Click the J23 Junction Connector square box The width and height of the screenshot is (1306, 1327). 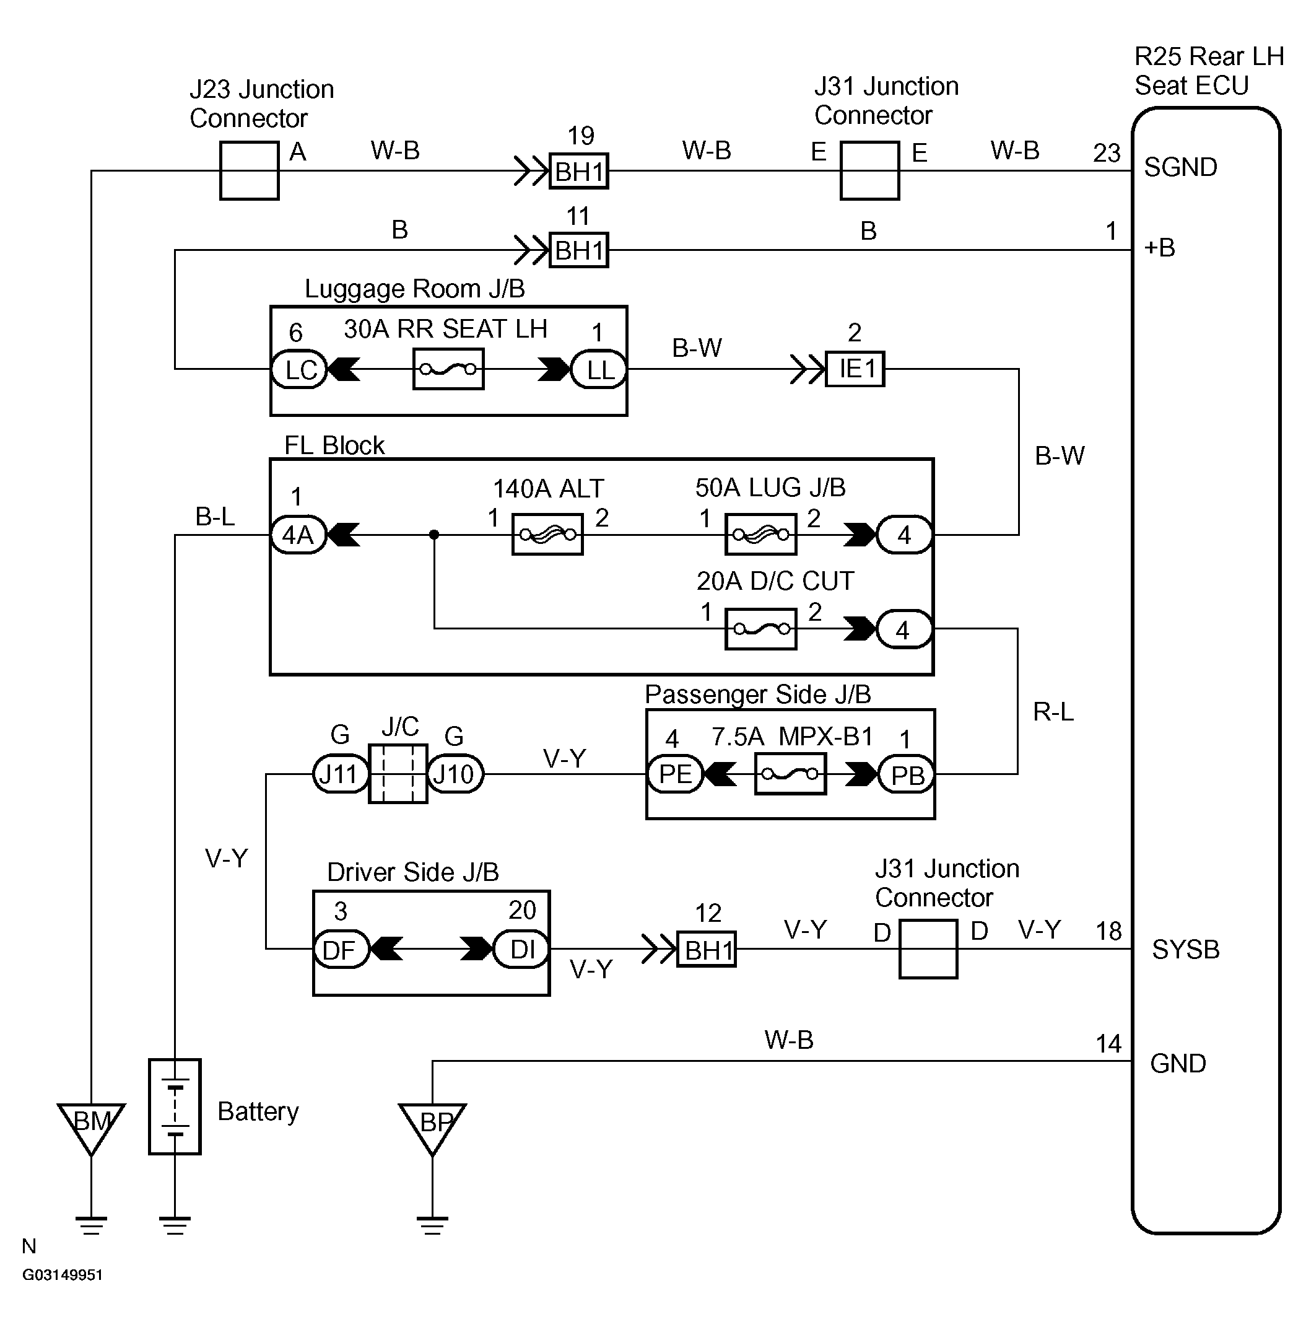pyautogui.click(x=249, y=171)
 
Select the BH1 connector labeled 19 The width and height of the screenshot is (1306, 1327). pyautogui.click(x=579, y=171)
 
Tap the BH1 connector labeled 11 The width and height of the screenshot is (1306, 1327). pyautogui.click(x=579, y=250)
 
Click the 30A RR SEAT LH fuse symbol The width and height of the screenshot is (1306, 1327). pyautogui.click(x=448, y=369)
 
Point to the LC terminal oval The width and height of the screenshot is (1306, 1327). pyautogui.click(x=300, y=370)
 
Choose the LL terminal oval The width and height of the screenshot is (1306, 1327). pyautogui.click(x=599, y=370)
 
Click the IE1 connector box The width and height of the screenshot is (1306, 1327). pyautogui.click(x=855, y=369)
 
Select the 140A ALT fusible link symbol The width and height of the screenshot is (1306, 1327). pyautogui.click(x=547, y=535)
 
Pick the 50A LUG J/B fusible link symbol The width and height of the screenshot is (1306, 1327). pyautogui.click(x=760, y=535)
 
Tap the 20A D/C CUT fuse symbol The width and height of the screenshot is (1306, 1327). pyautogui.click(x=760, y=629)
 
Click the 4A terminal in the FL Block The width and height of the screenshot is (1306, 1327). pyautogui.click(x=298, y=535)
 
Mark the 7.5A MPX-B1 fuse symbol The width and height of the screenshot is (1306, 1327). pyautogui.click(x=790, y=774)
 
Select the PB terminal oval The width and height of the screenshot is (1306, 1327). pyautogui.click(x=906, y=774)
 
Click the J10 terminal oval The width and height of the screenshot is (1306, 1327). pyautogui.click(x=455, y=774)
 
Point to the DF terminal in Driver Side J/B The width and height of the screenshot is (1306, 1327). pyautogui.click(x=342, y=949)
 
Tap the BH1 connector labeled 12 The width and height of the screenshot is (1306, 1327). pyautogui.click(x=707, y=949)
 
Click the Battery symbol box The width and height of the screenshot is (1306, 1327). pyautogui.click(x=175, y=1106)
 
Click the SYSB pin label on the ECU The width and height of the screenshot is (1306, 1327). pyautogui.click(x=1186, y=950)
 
